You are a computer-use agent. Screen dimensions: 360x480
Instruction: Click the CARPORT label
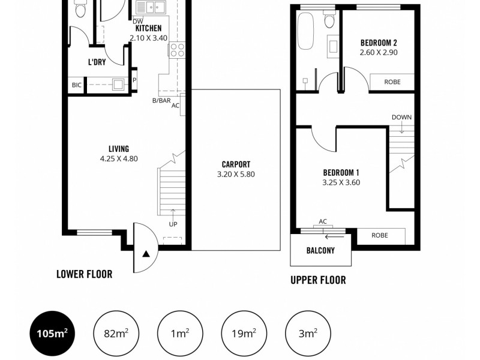[x=236, y=164]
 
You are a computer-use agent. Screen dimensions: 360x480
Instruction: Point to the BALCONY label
[x=320, y=251]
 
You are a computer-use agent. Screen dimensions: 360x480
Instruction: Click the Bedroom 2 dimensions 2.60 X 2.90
[x=379, y=53]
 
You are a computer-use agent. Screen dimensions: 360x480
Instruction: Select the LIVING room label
[x=119, y=149]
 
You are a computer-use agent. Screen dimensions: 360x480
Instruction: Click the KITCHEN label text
[x=148, y=28]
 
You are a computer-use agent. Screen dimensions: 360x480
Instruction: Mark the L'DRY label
[x=97, y=62]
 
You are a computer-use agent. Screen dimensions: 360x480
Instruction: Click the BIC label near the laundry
[x=76, y=85]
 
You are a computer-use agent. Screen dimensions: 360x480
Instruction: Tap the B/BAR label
[x=161, y=100]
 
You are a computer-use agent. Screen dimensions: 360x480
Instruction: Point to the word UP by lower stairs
[x=173, y=224]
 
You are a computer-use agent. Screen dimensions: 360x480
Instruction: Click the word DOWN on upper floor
[x=401, y=116]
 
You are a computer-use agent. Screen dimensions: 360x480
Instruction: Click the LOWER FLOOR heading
[x=84, y=274]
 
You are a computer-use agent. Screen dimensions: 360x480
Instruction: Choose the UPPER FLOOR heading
[x=318, y=280]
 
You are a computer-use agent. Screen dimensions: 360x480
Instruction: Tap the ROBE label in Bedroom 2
[x=392, y=82]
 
